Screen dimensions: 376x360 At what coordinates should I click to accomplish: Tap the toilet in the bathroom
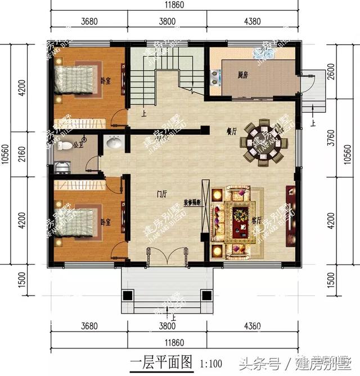pyautogui.click(x=65, y=146)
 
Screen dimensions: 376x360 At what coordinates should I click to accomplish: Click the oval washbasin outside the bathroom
pyautogui.click(x=114, y=144)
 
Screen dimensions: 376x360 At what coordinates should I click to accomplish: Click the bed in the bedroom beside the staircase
pyautogui.click(x=75, y=80)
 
